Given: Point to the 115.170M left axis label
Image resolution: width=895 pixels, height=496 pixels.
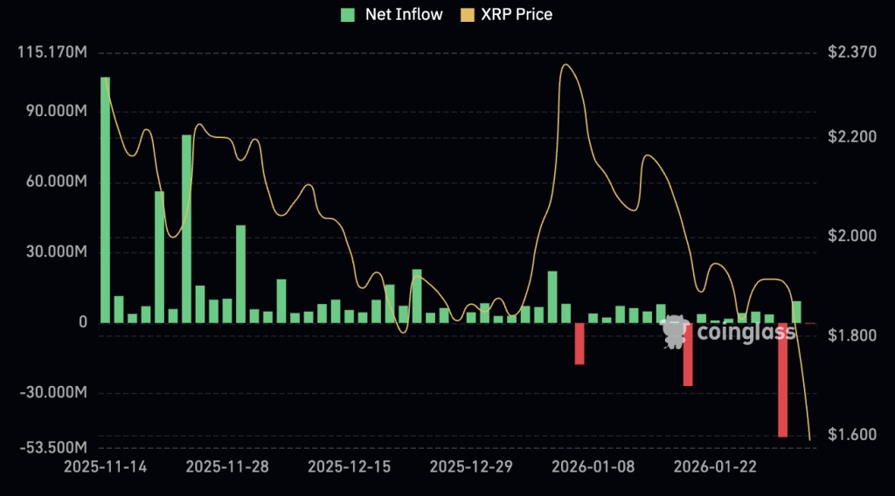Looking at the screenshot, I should tap(52, 53).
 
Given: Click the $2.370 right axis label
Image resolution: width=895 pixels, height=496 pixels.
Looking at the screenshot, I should tap(850, 53).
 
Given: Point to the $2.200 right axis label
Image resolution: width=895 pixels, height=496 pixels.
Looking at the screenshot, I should tap(850, 137).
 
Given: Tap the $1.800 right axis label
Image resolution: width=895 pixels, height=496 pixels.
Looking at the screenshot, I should tap(850, 335).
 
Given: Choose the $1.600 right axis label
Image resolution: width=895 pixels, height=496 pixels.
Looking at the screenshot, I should tap(850, 435).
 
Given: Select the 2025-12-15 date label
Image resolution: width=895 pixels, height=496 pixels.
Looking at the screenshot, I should tap(350, 466).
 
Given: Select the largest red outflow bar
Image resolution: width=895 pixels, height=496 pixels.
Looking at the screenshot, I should tap(782, 379).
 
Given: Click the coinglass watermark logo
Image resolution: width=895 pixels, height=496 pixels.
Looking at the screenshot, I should tap(728, 332).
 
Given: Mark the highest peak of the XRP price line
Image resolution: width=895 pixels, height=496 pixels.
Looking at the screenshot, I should tap(566, 65).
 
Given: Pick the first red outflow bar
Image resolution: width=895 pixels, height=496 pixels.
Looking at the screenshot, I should tap(579, 343).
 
